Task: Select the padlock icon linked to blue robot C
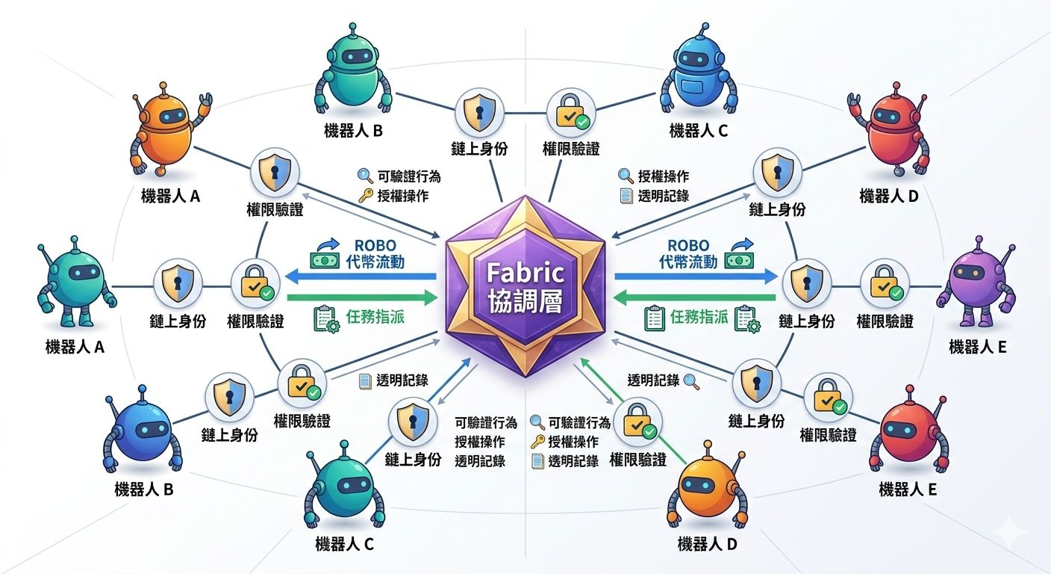tap(569, 111)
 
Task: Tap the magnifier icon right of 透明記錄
tap(690, 380)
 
